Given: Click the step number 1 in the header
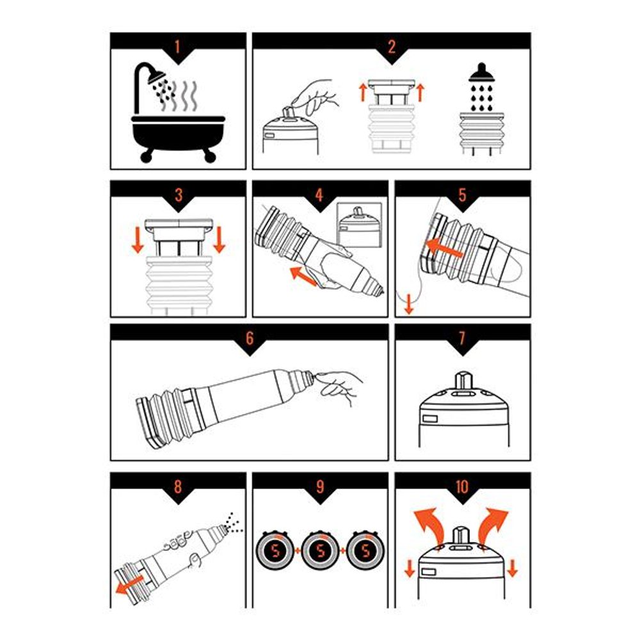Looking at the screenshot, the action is tap(177, 47).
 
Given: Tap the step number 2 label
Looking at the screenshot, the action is tap(392, 47).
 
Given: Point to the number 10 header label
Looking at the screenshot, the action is tap(462, 486).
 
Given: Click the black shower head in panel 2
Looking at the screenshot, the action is tap(482, 73).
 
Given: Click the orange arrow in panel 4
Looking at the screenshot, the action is tap(303, 276).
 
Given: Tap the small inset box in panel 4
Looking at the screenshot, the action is tap(360, 225).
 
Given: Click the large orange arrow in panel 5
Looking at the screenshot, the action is tap(445, 248).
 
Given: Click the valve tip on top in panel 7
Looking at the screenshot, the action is tap(463, 380).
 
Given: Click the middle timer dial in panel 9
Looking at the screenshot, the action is tap(321, 550).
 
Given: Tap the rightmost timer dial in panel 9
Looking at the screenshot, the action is tap(365, 550).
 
